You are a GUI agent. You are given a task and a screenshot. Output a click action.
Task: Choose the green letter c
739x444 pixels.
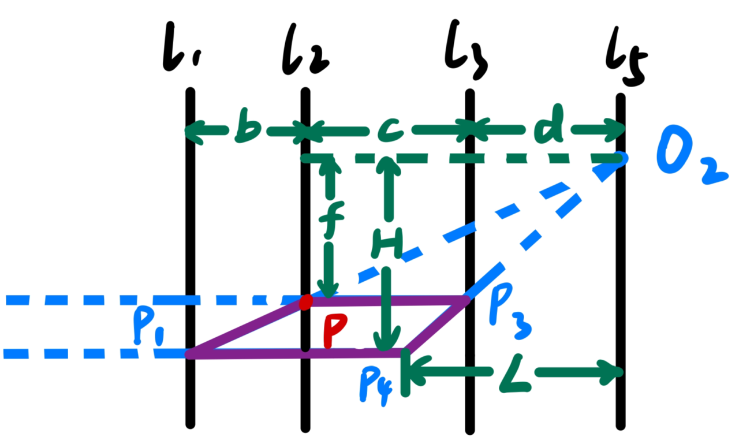click(x=390, y=132)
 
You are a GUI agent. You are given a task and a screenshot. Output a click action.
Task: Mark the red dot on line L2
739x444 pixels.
click(x=306, y=301)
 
